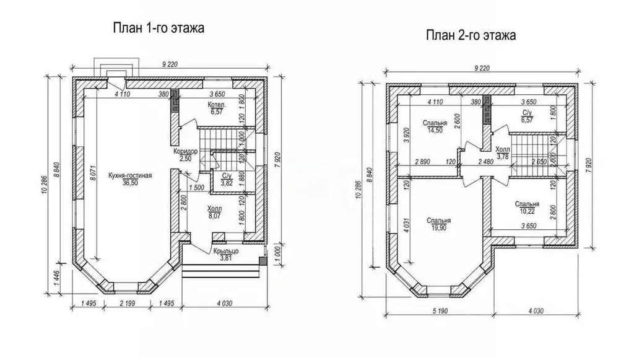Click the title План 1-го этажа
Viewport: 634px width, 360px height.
pos(158,28)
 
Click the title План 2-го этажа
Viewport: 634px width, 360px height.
pos(471,35)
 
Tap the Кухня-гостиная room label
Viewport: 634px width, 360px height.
pos(130,175)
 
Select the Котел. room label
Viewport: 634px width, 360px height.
pos(217,105)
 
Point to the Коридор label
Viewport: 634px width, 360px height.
pos(186,152)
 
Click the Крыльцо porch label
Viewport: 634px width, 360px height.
pos(225,251)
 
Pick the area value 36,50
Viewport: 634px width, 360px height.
pos(130,183)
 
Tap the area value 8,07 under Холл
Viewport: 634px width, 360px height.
pos(215,216)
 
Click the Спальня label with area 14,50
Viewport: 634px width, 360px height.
pos(435,123)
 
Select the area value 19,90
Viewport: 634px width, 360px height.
pos(439,228)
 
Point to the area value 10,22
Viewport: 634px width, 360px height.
pos(527,211)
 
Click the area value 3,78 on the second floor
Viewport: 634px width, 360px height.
pos(502,157)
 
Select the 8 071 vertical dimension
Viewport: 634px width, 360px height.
pos(93,172)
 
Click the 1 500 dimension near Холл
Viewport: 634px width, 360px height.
pos(196,188)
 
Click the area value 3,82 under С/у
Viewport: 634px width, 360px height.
pos(227,183)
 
